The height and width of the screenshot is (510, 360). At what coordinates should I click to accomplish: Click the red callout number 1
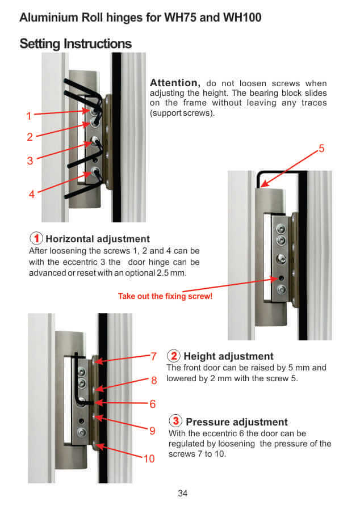[x=29, y=116]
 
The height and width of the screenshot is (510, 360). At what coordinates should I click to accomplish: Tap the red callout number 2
[x=30, y=137]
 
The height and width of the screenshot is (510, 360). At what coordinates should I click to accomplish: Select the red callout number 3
[x=30, y=161]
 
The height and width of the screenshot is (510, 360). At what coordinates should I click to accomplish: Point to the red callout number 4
[x=32, y=194]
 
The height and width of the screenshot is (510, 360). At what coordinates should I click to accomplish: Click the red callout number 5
[x=321, y=148]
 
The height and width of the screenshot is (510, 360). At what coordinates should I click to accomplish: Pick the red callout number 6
[x=153, y=404]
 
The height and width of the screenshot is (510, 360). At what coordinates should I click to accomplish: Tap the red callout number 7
[x=154, y=356]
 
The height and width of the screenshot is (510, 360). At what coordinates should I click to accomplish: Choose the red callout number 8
[x=154, y=380]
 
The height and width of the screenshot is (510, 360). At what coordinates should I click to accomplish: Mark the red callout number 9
[x=152, y=431]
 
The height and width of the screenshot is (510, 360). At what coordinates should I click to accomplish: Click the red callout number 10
[x=149, y=458]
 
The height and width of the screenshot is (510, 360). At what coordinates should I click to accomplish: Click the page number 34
[x=183, y=494]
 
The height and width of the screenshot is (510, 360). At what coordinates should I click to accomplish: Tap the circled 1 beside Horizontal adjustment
[x=36, y=238]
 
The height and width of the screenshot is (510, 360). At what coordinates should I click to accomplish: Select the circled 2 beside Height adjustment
[x=174, y=356]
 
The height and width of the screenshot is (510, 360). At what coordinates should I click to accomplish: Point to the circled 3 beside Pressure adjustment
[x=176, y=420]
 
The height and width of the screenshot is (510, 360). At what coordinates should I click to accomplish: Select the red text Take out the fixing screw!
[x=165, y=296]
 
